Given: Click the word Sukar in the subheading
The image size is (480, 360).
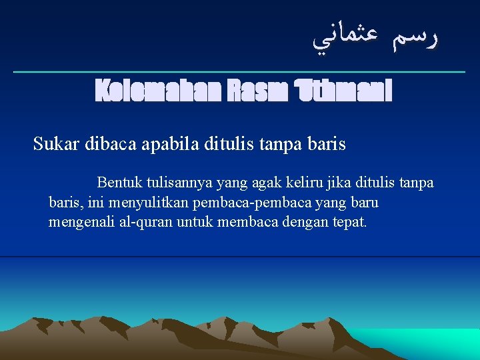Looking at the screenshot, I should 57,144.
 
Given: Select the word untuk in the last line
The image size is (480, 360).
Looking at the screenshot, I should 193,221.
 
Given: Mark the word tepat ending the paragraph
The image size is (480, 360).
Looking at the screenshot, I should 349,221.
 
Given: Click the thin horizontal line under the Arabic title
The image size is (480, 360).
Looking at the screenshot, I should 240,71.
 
